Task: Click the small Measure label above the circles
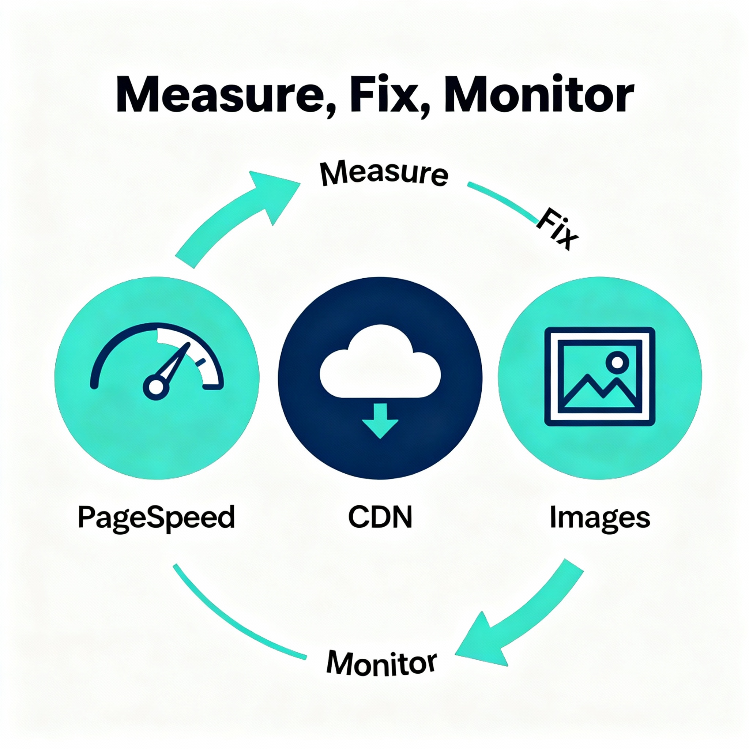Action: tap(384, 173)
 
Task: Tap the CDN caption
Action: tap(380, 517)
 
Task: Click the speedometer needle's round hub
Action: tap(156, 387)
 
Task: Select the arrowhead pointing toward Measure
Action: tap(277, 192)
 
